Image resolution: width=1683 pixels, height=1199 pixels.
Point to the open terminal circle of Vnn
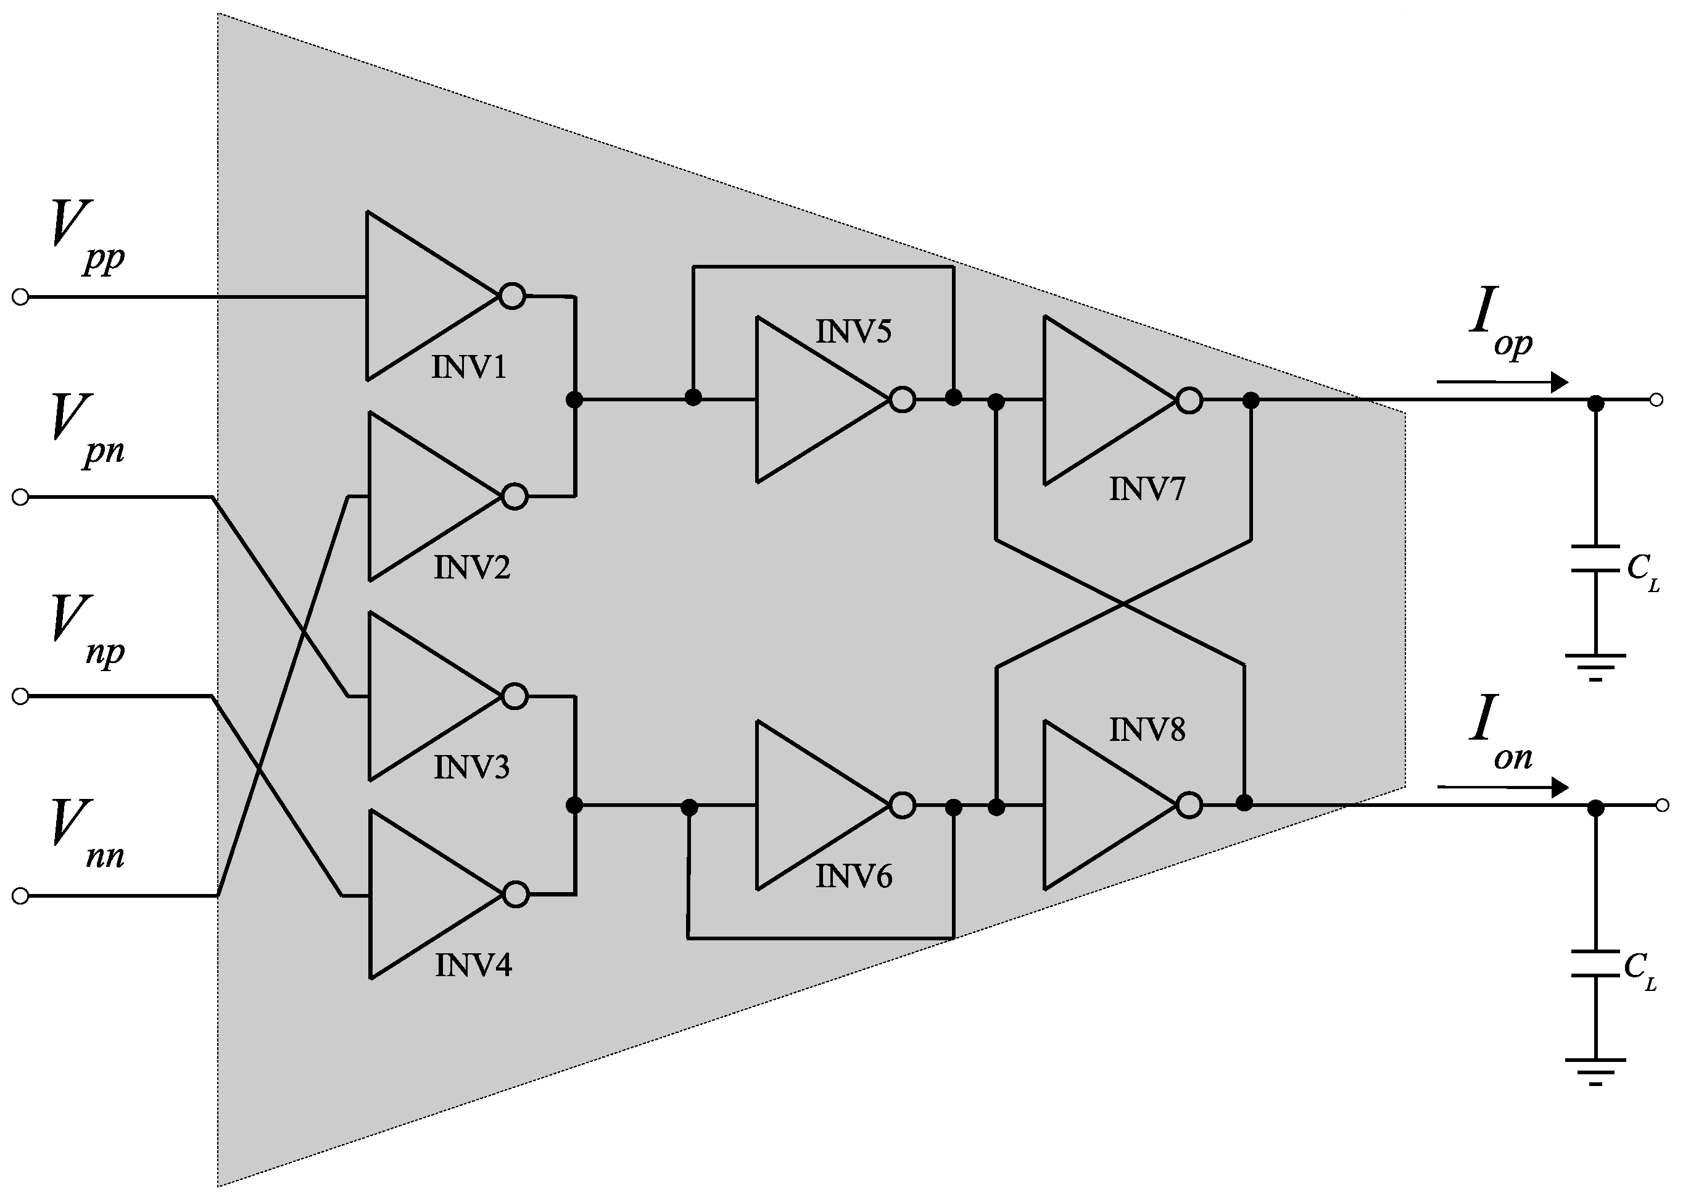pos(20,896)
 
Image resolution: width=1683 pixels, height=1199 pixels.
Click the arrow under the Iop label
pos(1502,382)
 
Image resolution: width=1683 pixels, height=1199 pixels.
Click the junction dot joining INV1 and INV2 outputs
pos(574,399)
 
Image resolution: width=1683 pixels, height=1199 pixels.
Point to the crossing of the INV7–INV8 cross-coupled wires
pos(1123,604)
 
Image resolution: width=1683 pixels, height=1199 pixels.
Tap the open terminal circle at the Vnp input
pos(20,696)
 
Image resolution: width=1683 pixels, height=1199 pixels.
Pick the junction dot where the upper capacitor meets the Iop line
pos(1595,403)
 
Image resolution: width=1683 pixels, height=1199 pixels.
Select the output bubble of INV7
pos(1189,401)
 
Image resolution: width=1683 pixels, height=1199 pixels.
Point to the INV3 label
pos(471,768)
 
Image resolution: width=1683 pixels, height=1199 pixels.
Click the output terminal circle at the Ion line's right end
pos(1661,806)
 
